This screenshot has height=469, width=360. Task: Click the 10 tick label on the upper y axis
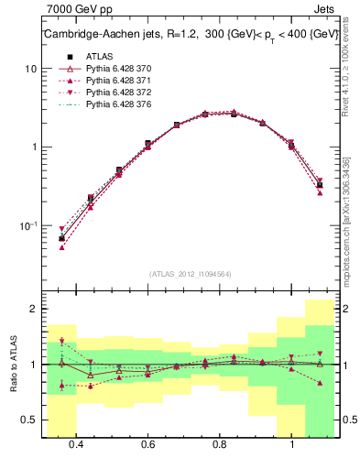(30, 70)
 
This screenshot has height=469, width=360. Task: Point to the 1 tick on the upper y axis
(34, 147)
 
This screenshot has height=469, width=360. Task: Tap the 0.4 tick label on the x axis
(76, 444)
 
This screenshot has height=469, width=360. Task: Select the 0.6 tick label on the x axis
(147, 444)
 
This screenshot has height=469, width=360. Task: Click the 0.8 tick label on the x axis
(220, 444)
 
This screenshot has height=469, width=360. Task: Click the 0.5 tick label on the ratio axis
(30, 420)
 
